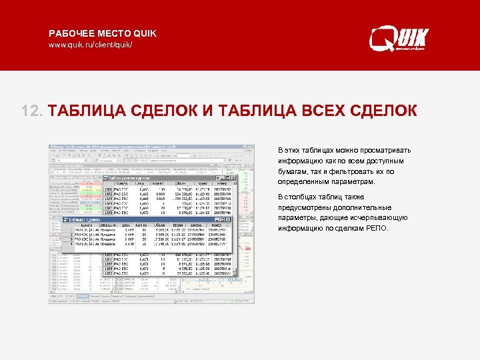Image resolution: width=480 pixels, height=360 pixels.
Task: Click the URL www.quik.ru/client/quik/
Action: (91, 45)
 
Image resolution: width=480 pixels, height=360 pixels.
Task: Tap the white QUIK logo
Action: (401, 39)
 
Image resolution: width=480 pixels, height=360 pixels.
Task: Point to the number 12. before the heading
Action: (32, 111)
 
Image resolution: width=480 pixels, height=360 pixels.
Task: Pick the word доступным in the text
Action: (382, 161)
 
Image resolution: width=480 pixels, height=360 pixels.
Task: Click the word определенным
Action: (303, 181)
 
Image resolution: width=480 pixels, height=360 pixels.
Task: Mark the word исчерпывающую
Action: (377, 218)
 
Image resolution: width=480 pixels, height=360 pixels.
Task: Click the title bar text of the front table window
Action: (84, 219)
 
